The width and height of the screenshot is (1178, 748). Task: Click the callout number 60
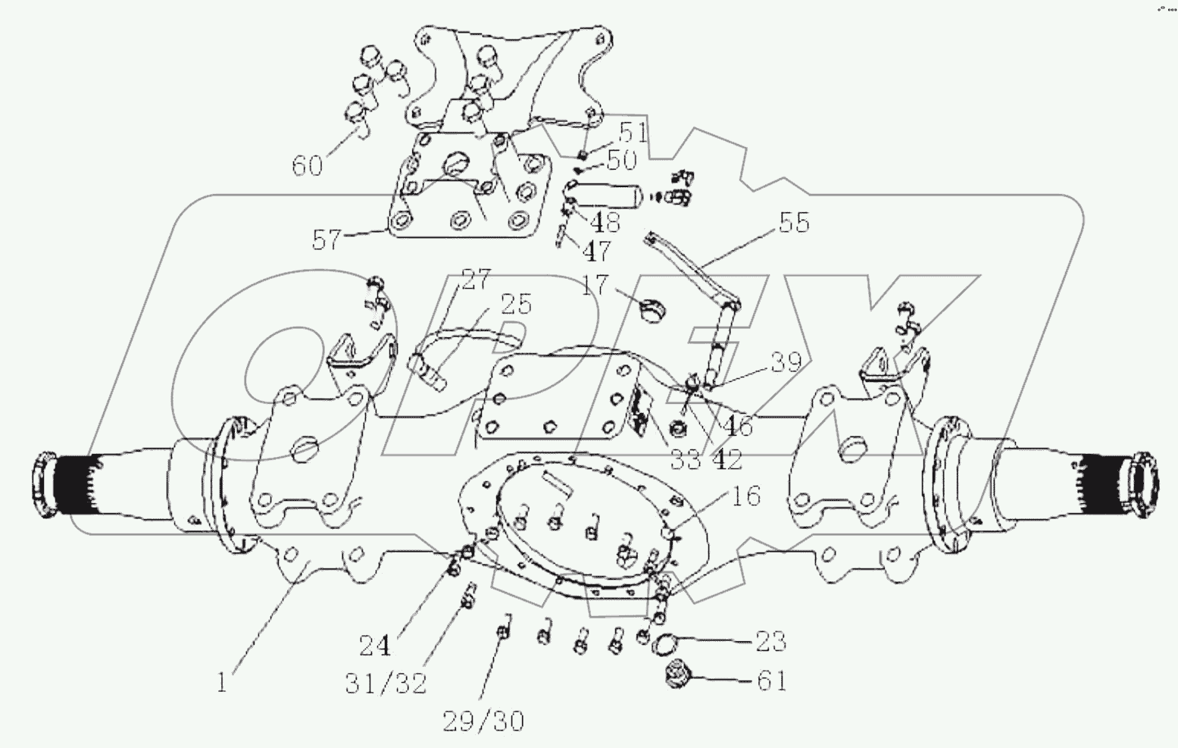308,164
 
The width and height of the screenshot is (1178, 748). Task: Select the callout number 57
327,240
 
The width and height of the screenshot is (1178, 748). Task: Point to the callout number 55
793,222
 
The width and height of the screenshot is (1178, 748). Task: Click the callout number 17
596,285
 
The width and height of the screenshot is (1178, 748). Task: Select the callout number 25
515,303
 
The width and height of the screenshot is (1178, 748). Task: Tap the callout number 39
786,362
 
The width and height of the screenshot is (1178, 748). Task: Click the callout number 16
745,496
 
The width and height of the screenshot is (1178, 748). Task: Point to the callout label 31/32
386,684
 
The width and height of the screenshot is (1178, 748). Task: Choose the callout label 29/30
483,721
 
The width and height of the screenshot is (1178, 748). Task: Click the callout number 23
770,641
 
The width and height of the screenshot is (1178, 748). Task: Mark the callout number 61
772,681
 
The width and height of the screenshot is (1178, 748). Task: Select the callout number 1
221,683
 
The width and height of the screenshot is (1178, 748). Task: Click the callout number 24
376,646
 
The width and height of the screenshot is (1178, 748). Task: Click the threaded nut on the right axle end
1142,484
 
